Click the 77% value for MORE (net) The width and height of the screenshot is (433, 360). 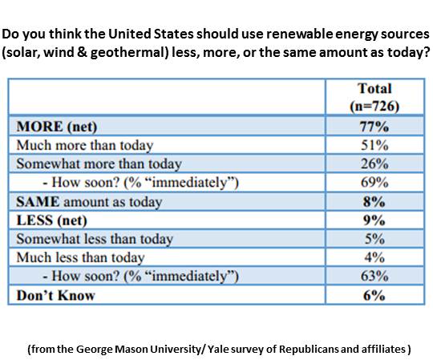[x=374, y=127]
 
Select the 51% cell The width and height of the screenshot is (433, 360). [x=374, y=145]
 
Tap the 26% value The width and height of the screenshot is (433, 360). [x=374, y=164]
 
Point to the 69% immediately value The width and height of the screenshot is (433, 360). [x=374, y=183]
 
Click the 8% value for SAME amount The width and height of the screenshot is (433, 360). [x=374, y=202]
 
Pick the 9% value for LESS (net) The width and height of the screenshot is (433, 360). [x=374, y=220]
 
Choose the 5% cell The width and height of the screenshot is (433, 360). [x=374, y=239]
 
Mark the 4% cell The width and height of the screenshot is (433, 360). [x=374, y=257]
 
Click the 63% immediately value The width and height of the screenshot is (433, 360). [x=374, y=276]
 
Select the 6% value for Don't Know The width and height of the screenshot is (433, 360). [x=374, y=295]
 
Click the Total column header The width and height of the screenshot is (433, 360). [x=374, y=89]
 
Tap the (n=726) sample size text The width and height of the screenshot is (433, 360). [x=374, y=106]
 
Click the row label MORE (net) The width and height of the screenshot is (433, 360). [x=57, y=127]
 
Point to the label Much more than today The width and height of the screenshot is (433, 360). [x=85, y=145]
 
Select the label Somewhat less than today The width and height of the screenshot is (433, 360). [x=95, y=239]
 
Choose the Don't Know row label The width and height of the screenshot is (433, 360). [x=56, y=295]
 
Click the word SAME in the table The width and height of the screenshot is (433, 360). [x=38, y=202]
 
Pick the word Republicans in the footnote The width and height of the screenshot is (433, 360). [x=302, y=350]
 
